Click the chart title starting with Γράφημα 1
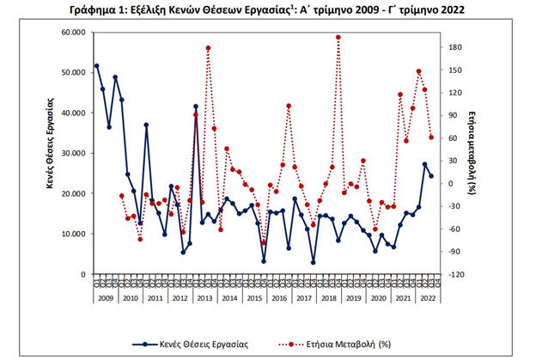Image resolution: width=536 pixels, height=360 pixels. tap(268, 9)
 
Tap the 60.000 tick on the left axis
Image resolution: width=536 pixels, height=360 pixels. tap(73, 32)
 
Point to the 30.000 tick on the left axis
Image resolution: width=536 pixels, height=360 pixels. tap(73, 153)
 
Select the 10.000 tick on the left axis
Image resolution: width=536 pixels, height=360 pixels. tap(73, 234)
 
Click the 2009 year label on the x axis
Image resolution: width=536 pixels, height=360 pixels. tap(104, 297)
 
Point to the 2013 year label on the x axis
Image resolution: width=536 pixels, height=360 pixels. tap(205, 297)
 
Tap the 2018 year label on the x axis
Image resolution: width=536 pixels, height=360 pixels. tap(332, 297)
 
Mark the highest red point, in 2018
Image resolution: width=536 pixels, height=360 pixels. tap(338, 37)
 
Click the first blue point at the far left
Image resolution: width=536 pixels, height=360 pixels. tap(96, 65)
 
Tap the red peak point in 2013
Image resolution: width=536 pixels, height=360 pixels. tap(209, 48)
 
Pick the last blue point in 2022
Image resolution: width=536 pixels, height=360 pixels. tap(431, 176)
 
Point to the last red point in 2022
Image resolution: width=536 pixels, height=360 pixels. tap(431, 137)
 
